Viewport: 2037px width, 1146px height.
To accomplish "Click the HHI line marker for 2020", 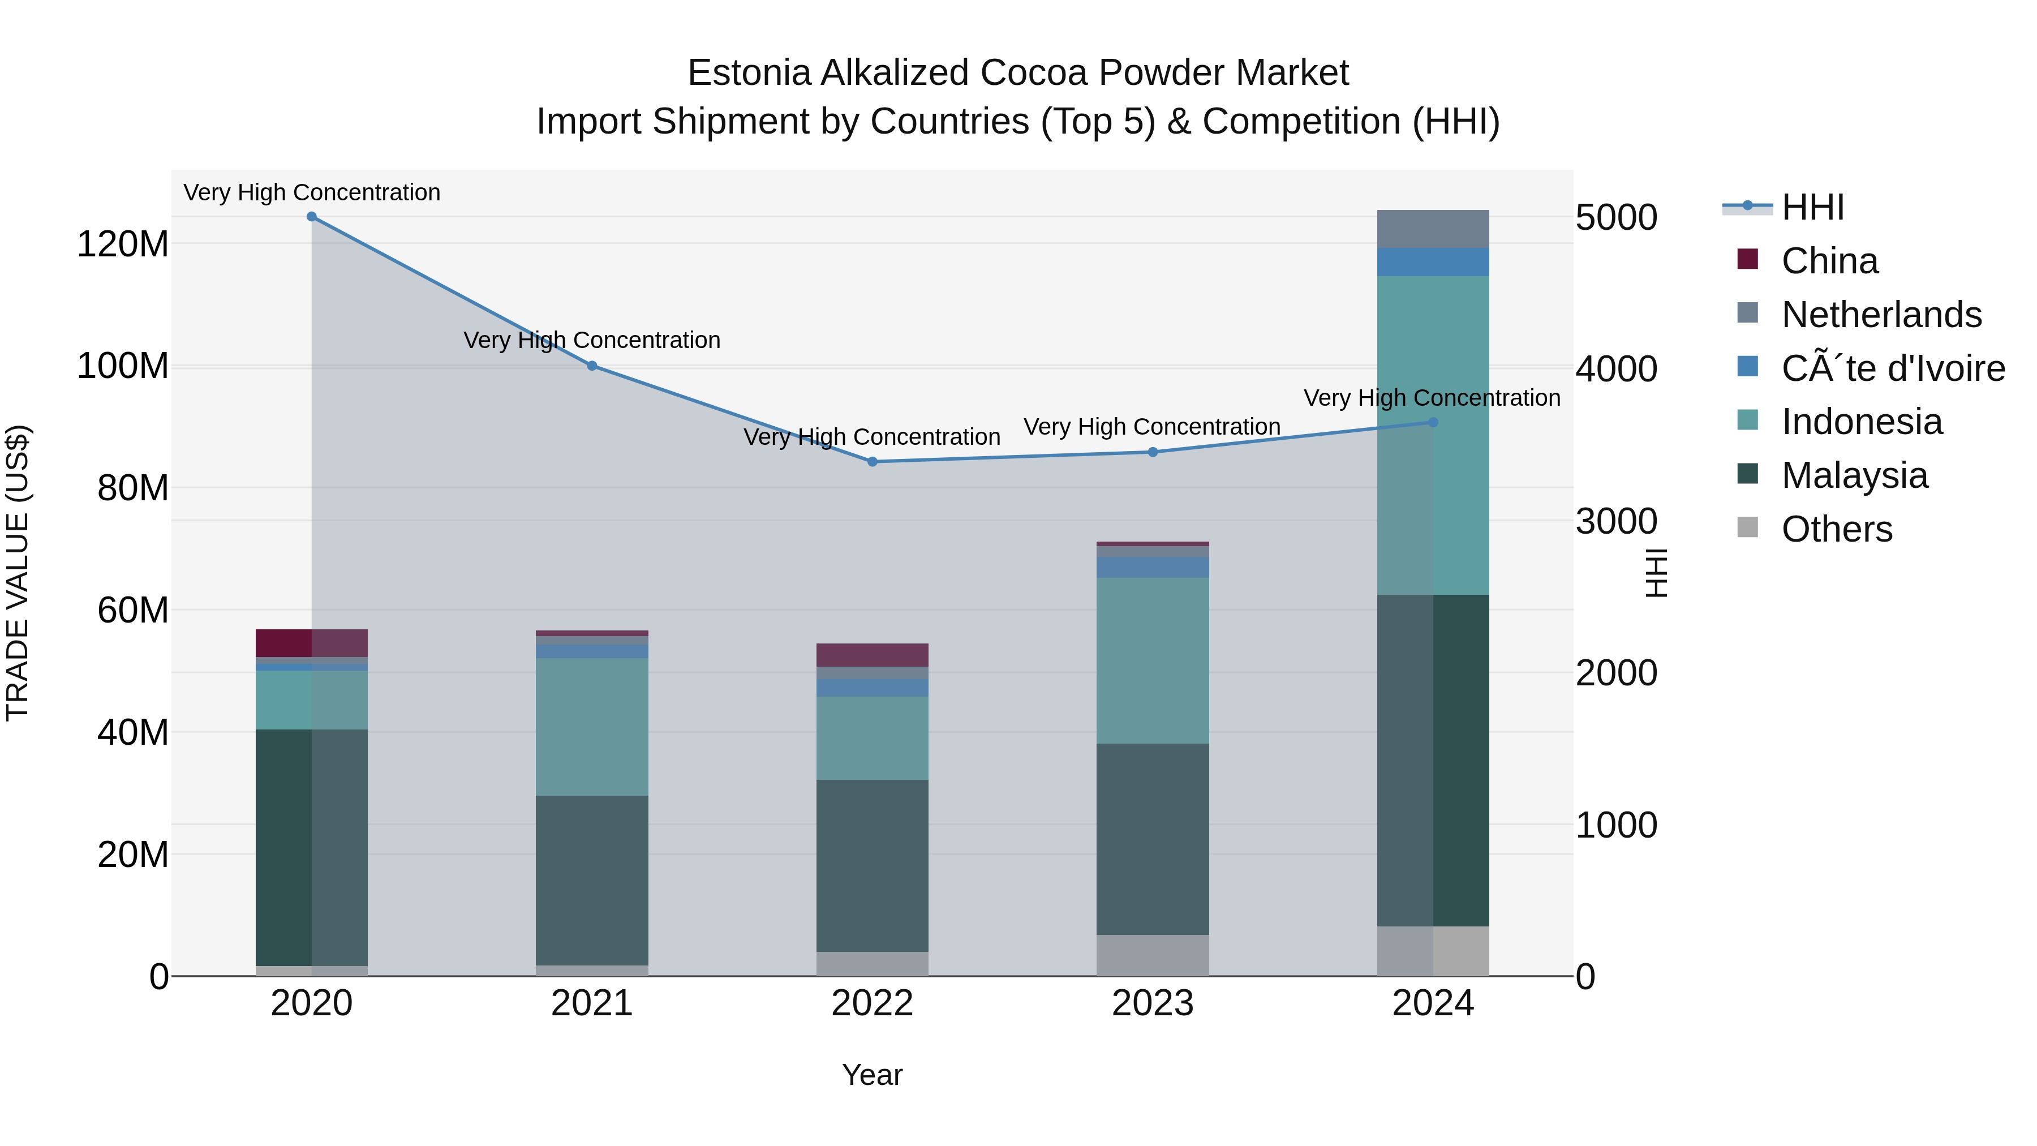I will coord(312,217).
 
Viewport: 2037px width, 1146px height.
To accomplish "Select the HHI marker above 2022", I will coord(872,462).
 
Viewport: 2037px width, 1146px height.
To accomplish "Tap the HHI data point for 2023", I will coord(1152,452).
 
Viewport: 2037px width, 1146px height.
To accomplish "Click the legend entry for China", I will coord(1829,261).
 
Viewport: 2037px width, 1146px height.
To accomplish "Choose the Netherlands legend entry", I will coord(1881,315).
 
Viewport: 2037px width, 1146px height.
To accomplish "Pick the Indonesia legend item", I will coord(1862,422).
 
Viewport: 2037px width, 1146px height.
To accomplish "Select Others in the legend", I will coord(1836,529).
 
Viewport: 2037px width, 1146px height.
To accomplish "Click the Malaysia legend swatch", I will coord(1748,475).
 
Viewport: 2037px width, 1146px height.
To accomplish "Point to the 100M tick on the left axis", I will coord(123,366).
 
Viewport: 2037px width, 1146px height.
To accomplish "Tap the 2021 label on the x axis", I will coord(591,1003).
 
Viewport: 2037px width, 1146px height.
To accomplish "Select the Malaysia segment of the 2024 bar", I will coord(1433,759).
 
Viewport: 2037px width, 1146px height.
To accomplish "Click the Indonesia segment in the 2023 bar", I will coord(1152,660).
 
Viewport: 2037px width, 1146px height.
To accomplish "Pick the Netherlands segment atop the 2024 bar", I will coord(1433,229).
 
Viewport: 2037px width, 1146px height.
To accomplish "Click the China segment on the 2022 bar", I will coord(872,655).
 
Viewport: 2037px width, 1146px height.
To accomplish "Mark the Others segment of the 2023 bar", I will coord(1152,955).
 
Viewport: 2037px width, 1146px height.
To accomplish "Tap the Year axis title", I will coord(872,1075).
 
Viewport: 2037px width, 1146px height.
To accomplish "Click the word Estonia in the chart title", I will coord(750,73).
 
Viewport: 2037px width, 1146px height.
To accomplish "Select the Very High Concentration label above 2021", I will coord(591,340).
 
